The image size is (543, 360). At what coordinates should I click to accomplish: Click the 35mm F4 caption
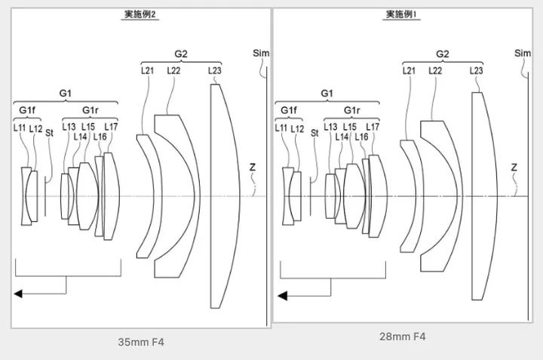click(x=140, y=342)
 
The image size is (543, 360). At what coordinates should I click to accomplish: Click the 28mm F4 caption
click(x=402, y=337)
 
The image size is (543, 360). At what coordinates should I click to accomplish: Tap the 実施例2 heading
click(x=140, y=14)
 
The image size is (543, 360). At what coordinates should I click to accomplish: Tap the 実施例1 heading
click(x=402, y=14)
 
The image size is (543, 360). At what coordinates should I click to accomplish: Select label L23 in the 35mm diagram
click(x=214, y=70)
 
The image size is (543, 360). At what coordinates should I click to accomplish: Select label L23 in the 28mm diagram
click(x=476, y=70)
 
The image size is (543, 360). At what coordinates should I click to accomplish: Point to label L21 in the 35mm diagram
click(x=147, y=70)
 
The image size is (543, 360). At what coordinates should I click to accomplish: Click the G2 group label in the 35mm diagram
click(x=181, y=54)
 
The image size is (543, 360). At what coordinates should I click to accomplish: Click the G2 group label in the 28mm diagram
click(x=443, y=54)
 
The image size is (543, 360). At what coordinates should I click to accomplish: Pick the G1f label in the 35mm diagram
click(x=27, y=110)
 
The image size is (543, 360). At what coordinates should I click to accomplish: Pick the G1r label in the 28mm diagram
click(x=352, y=110)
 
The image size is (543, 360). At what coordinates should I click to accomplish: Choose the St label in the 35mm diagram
click(x=50, y=133)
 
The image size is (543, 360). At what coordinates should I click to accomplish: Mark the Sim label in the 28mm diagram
click(x=522, y=54)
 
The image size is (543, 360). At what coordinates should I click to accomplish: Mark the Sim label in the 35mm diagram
click(x=261, y=54)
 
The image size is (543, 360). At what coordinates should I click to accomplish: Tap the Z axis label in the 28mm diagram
click(x=514, y=167)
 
